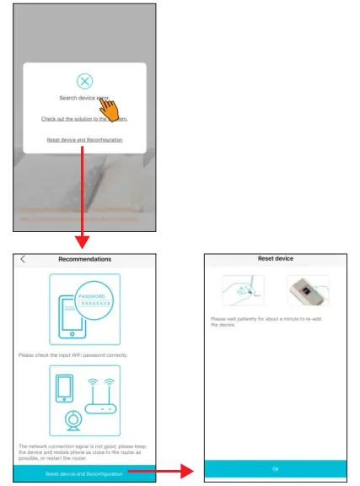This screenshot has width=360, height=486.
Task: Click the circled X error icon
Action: coord(84,81)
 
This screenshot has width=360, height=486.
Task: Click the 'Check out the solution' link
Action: coord(83,119)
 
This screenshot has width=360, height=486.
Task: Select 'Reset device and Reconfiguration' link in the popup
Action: coord(84,139)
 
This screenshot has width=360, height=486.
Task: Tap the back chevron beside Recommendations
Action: coord(23,259)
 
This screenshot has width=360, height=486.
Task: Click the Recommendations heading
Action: coord(84,259)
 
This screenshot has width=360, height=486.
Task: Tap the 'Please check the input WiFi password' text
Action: coord(73,355)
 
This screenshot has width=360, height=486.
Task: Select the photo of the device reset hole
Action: coord(308,292)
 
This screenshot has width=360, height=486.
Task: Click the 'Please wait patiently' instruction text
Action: coord(270,321)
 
